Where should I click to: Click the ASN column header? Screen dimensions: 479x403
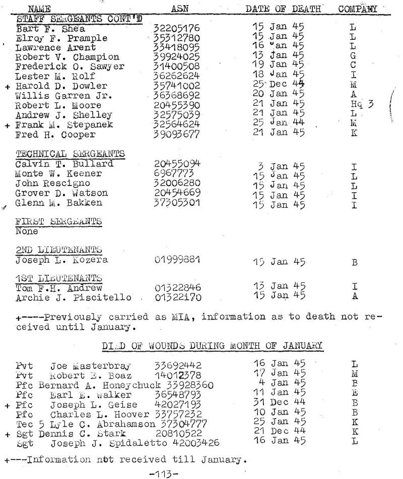pos(179,9)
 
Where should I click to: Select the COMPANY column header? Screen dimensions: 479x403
pos(358,9)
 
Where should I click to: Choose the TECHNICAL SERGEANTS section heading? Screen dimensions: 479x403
pos(70,153)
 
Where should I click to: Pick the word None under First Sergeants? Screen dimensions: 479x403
pos(27,232)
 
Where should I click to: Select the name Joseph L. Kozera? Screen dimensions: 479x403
pos(61,260)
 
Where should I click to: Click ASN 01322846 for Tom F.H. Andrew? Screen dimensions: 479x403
pos(177,288)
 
